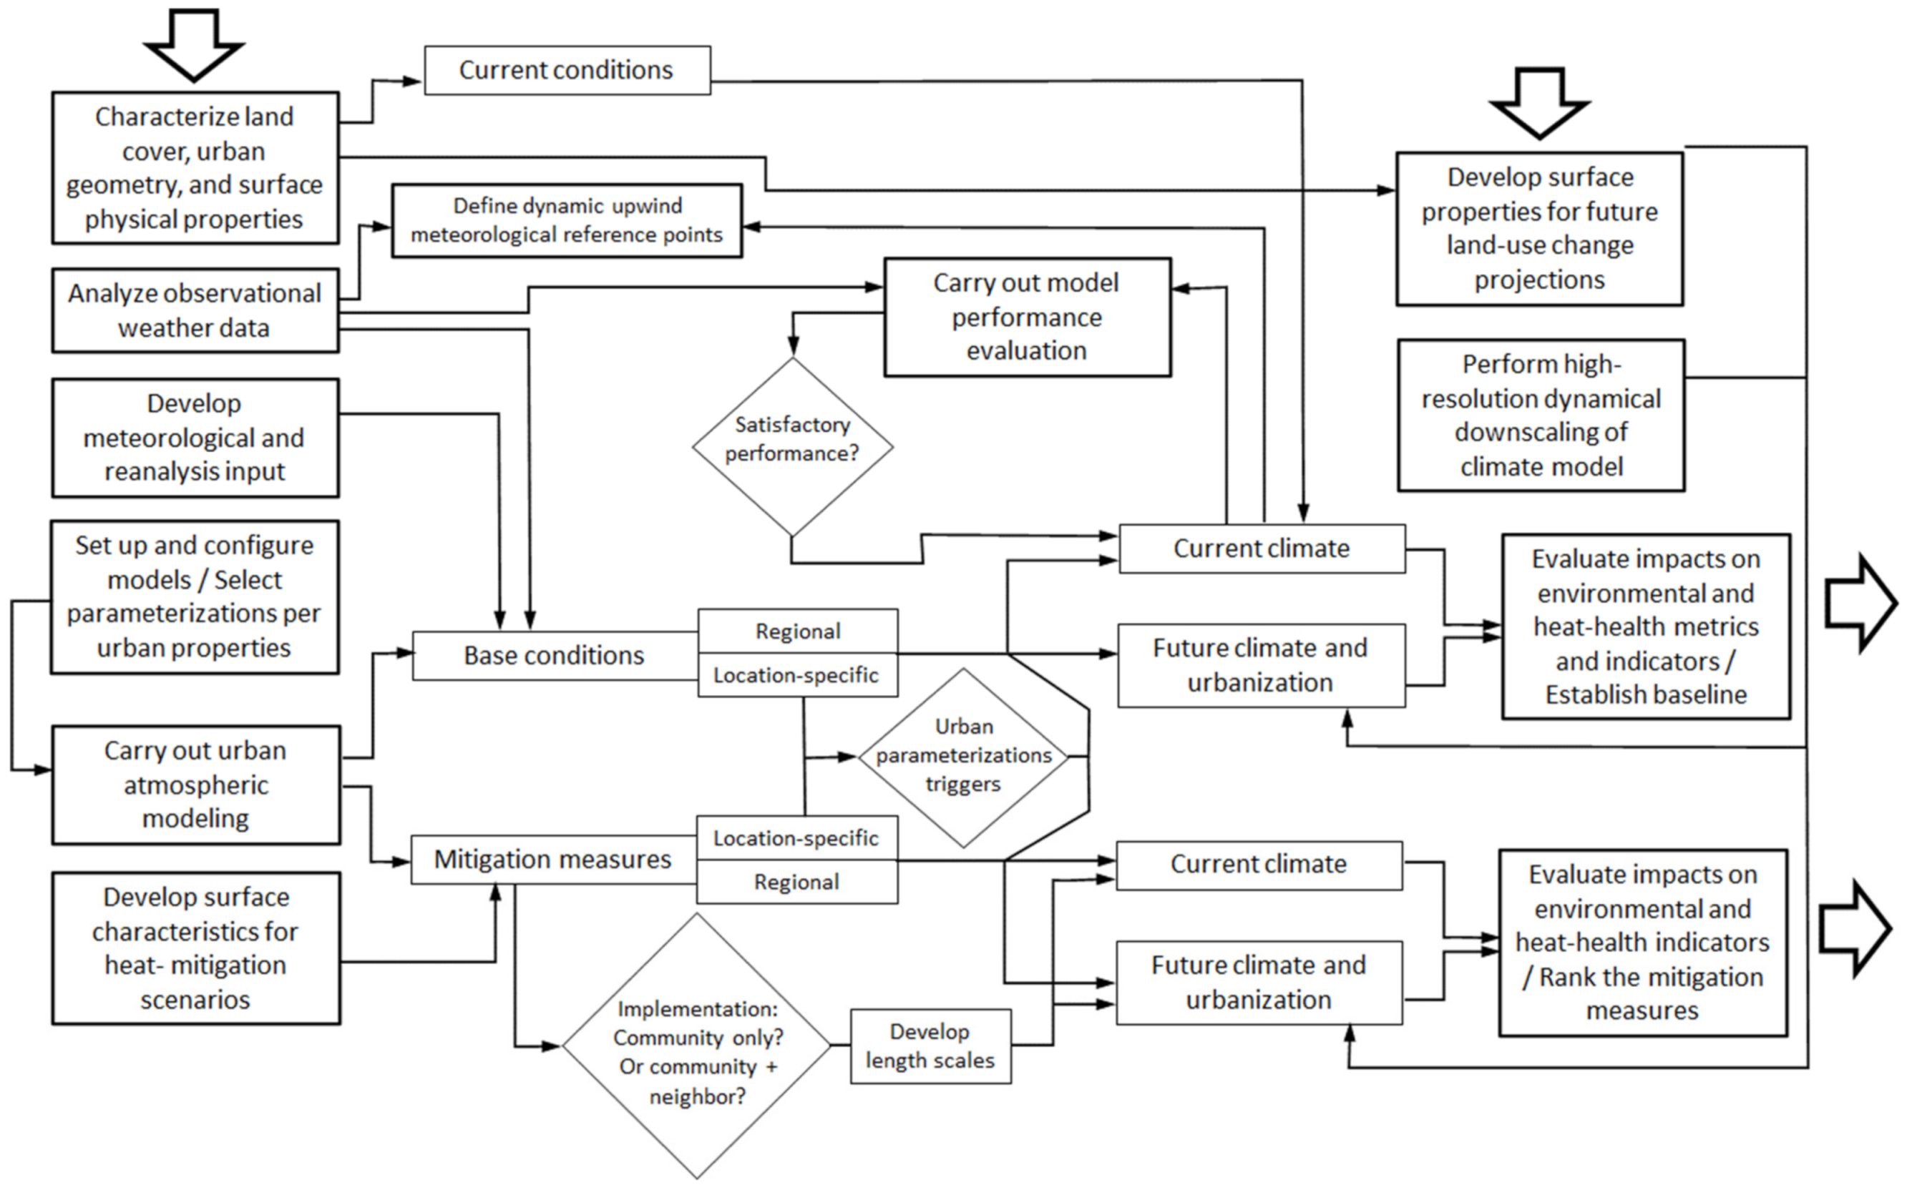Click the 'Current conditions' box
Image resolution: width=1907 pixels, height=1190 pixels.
click(567, 70)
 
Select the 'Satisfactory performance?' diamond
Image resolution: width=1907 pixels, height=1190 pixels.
click(792, 446)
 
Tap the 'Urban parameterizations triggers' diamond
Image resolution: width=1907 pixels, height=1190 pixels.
click(963, 757)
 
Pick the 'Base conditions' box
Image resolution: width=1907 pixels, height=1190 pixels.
click(555, 656)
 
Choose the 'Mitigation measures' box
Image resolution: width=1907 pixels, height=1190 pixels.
click(552, 860)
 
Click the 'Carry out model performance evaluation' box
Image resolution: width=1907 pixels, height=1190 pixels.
click(1027, 318)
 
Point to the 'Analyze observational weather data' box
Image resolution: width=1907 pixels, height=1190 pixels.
click(195, 310)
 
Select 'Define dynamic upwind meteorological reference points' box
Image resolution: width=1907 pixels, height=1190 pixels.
click(567, 220)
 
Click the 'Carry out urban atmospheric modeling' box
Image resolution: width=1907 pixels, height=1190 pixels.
click(196, 785)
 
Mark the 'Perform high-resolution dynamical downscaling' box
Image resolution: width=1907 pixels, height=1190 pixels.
click(1541, 415)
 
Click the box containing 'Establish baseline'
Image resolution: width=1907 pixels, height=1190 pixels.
click(1646, 626)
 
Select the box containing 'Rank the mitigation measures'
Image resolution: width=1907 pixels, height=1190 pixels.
click(1642, 942)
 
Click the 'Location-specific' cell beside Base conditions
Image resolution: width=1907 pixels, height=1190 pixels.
click(797, 675)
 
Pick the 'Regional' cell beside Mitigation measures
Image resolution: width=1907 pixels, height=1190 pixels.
click(797, 882)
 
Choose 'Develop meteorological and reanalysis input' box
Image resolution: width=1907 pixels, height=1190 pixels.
click(195, 438)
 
